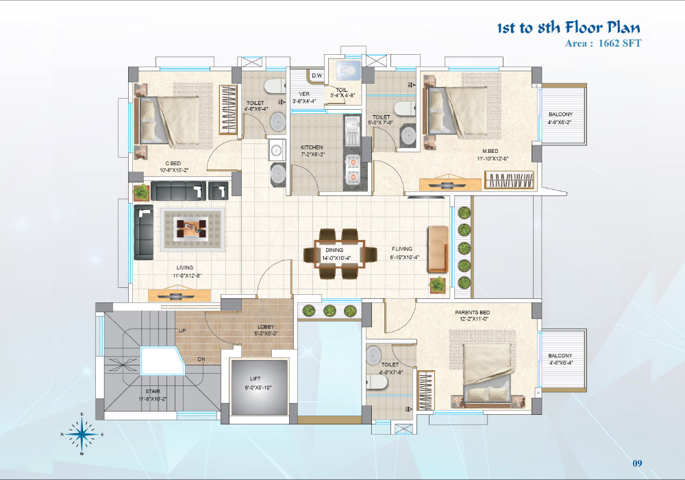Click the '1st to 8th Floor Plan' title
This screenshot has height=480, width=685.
[x=569, y=27]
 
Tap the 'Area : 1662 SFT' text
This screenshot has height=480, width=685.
[x=603, y=43]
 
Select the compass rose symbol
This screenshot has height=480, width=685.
[x=82, y=434]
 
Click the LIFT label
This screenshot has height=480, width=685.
[x=256, y=379]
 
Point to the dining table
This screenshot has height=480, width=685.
[x=340, y=254]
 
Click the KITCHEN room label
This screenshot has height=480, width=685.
[x=312, y=147]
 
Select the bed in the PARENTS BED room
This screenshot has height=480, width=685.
[x=486, y=372]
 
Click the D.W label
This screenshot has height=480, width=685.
[x=317, y=75]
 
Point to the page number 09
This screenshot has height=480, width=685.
[x=637, y=464]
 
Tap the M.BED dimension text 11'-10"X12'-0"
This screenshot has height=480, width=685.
[x=493, y=158]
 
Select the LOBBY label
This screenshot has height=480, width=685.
[x=266, y=326]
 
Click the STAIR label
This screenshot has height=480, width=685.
[x=153, y=392]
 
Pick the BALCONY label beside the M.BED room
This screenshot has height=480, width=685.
[x=560, y=115]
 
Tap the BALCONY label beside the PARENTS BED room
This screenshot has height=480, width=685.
[x=560, y=356]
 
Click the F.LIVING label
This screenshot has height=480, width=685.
[x=402, y=249]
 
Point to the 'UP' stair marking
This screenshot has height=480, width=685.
[x=183, y=331]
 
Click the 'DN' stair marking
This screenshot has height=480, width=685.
[x=201, y=359]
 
